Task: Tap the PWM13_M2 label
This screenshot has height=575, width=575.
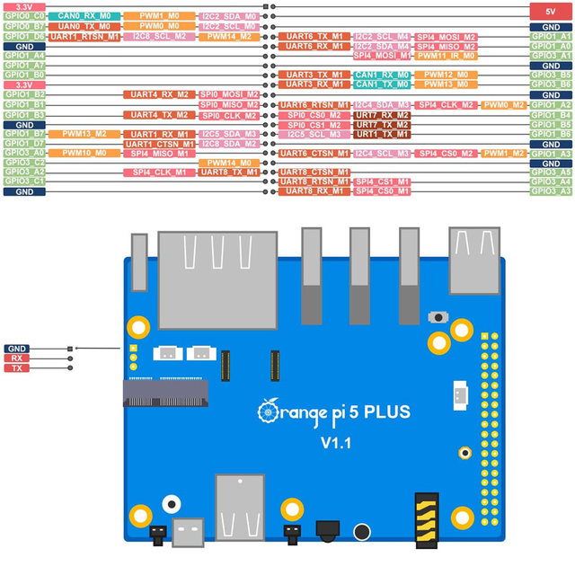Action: click(85, 134)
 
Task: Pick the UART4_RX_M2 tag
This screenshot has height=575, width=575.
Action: click(158, 94)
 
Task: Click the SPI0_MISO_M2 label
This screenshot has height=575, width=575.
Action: click(229, 105)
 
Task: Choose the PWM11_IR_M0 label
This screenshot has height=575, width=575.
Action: click(446, 56)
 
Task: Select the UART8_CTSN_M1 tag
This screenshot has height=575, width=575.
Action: click(314, 172)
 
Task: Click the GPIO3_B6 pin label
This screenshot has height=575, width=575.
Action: click(551, 84)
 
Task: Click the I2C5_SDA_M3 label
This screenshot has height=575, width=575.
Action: click(228, 134)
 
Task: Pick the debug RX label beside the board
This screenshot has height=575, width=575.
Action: click(16, 358)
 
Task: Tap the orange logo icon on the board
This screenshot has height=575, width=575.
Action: click(269, 411)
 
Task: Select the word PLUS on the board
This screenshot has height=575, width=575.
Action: click(387, 412)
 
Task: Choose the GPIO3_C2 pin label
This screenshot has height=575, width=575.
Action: click(24, 163)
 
